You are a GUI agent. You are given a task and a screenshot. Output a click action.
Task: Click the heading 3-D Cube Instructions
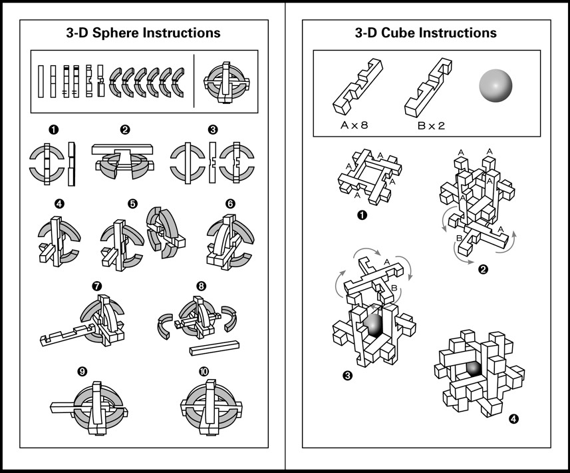coord(426,32)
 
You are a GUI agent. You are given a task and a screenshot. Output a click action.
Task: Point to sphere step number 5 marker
coord(132,204)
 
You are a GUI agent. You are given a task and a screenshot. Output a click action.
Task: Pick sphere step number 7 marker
coord(98,286)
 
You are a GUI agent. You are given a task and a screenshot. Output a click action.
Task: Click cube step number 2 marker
coord(483,269)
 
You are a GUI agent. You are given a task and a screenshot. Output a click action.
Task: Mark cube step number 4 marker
coord(512,419)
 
